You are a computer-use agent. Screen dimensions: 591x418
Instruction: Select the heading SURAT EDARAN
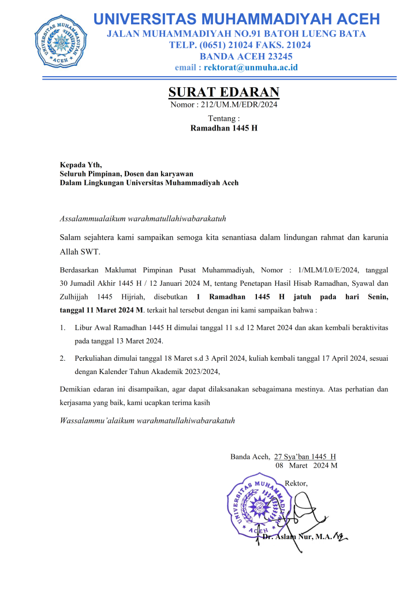click(224, 92)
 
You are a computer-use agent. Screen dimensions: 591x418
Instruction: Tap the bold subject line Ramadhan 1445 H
click(224, 128)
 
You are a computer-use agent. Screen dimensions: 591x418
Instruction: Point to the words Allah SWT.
click(80, 252)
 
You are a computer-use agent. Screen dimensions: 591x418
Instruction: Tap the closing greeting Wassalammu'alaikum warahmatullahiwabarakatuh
click(147, 420)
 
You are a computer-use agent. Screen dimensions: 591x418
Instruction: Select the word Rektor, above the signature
click(297, 482)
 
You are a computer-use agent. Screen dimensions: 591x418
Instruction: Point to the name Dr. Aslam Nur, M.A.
click(297, 537)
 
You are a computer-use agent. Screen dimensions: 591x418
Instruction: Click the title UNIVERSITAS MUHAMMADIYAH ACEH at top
click(237, 18)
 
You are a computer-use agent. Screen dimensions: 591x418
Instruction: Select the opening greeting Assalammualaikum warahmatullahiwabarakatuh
click(143, 218)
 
